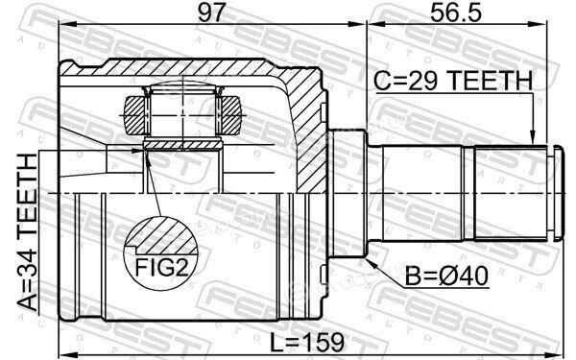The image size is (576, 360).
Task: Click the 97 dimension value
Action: pyautogui.click(x=210, y=12)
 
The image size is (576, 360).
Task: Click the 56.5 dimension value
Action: pyautogui.click(x=455, y=12)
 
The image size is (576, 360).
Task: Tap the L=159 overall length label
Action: pyautogui.click(x=307, y=342)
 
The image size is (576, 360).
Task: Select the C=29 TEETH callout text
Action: pyautogui.click(x=453, y=81)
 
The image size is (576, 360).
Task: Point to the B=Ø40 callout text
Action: pyautogui.click(x=446, y=276)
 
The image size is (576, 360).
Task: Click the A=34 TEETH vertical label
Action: pyautogui.click(x=28, y=232)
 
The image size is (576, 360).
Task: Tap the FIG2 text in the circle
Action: pyautogui.click(x=161, y=267)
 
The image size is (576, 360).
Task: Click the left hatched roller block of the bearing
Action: pyautogui.click(x=134, y=114)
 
